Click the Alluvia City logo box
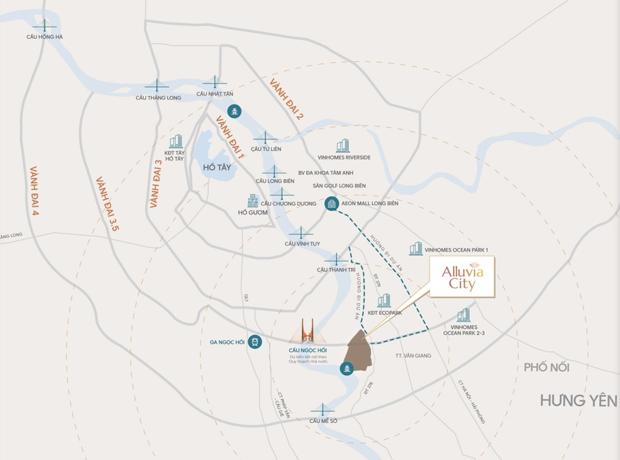coord(462,277)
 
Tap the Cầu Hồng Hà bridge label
coord(45,37)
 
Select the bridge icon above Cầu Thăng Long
coord(157,86)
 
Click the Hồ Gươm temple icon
coord(252,200)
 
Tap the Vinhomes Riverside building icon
coord(343,146)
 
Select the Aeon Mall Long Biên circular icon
coord(332,203)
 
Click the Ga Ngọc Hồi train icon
coord(254,342)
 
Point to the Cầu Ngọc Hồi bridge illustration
coord(308,332)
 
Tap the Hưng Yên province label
coord(578,400)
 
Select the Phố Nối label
coord(546,367)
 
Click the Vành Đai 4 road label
coord(35,191)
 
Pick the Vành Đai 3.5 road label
coord(107,205)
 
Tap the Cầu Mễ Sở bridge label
coord(322,420)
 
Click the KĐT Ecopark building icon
coord(384,301)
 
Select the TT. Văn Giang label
coord(412,356)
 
